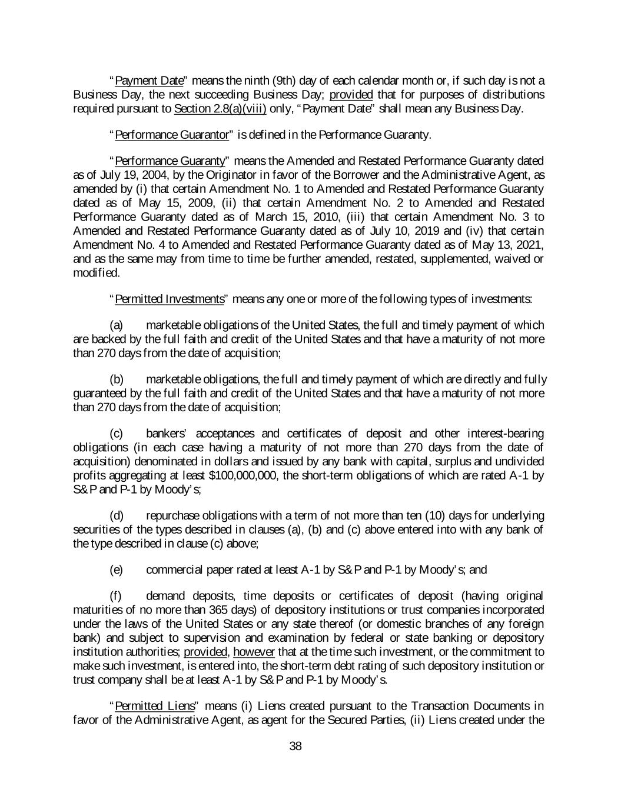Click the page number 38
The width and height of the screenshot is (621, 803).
295,747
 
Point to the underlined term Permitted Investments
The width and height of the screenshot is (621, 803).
170,299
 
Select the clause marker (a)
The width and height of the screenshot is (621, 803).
117,326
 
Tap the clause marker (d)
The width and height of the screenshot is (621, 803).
117,516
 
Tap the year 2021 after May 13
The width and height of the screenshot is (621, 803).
532,245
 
